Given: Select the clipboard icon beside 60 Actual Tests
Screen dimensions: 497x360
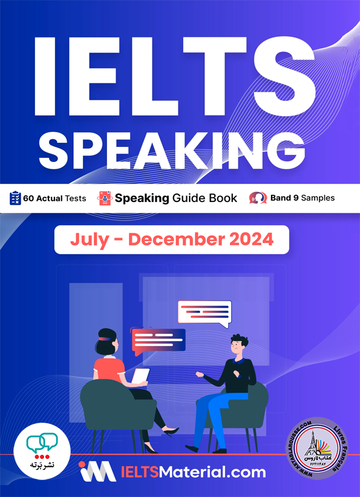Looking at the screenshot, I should pyautogui.click(x=15, y=198).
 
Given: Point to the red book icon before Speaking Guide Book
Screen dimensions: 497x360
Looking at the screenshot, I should pyautogui.click(x=105, y=198).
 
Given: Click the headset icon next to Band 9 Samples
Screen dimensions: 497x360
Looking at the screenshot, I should pyautogui.click(x=258, y=198).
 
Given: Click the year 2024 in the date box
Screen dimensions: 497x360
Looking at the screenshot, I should pyautogui.click(x=251, y=239).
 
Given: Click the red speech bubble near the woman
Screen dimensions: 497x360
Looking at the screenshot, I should pyautogui.click(x=159, y=340).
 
